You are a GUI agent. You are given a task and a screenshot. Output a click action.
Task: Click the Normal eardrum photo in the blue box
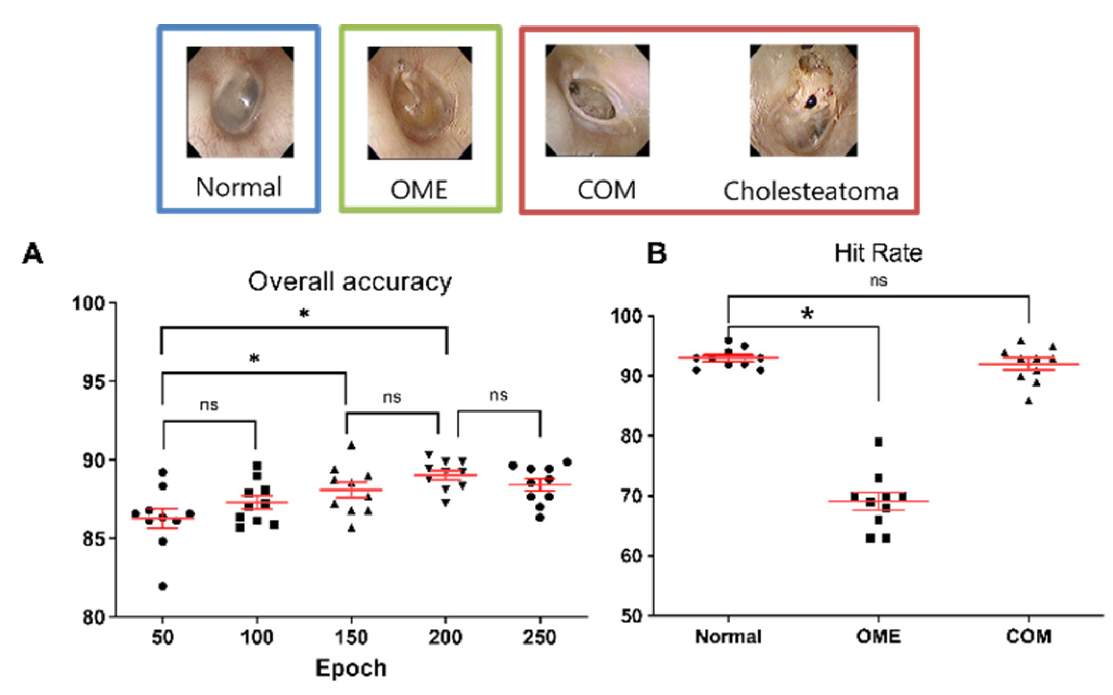(x=240, y=102)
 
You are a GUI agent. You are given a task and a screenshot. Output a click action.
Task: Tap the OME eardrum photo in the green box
(x=419, y=102)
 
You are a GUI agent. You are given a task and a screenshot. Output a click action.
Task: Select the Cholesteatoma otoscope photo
(x=803, y=100)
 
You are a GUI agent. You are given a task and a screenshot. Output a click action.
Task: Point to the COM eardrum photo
(x=597, y=100)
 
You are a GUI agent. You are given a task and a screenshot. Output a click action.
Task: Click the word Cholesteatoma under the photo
(x=810, y=191)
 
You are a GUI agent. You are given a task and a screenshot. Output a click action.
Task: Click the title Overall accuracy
(x=350, y=281)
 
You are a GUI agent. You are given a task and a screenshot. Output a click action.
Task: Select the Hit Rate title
(x=878, y=253)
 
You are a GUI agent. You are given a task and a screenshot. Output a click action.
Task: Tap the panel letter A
(x=33, y=254)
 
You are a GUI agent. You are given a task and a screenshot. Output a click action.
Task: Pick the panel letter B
(x=656, y=254)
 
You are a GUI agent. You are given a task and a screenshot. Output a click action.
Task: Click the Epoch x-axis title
(x=351, y=668)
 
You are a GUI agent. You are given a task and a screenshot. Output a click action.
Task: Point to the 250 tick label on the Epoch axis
(x=539, y=637)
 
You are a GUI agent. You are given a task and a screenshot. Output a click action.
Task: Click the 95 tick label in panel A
(x=94, y=382)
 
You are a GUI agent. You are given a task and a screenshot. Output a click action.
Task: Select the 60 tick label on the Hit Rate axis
(x=632, y=556)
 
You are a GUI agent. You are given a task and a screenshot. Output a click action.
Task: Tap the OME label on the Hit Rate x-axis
(x=878, y=637)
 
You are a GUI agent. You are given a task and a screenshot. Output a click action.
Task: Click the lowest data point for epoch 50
(x=163, y=586)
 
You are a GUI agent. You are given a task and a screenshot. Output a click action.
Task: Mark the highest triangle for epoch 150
(x=352, y=445)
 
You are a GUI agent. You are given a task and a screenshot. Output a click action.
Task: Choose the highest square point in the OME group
(x=878, y=442)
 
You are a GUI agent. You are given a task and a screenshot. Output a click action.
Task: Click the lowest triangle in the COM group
(x=1029, y=401)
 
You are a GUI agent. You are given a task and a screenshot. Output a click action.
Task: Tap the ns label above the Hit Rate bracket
(x=878, y=281)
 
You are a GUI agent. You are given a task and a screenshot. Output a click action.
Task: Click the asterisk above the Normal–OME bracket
(x=807, y=314)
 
